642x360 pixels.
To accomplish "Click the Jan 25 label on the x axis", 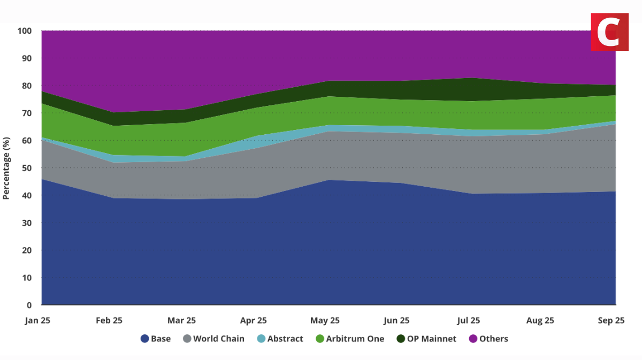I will pyautogui.click(x=38, y=320).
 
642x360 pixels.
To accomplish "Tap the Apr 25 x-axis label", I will pyautogui.click(x=254, y=320).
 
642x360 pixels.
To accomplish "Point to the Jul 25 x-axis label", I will pyautogui.click(x=469, y=320).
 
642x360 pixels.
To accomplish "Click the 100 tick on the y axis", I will pyautogui.click(x=25, y=31).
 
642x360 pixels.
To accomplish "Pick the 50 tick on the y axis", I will pyautogui.click(x=27, y=168).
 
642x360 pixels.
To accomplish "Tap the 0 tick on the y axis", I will pyautogui.click(x=29, y=305).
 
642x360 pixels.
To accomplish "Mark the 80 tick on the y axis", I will pyautogui.click(x=27, y=86).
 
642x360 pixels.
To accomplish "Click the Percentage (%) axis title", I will pyautogui.click(x=6, y=167).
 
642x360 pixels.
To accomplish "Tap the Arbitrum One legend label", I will pyautogui.click(x=355, y=339).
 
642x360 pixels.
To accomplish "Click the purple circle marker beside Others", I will pyautogui.click(x=472, y=339).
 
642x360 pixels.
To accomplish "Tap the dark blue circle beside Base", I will pyautogui.click(x=144, y=339).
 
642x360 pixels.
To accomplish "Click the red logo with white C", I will pyautogui.click(x=609, y=32).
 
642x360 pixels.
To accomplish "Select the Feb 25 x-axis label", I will pyautogui.click(x=110, y=320).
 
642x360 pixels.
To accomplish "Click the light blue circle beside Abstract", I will pyautogui.click(x=261, y=339).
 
